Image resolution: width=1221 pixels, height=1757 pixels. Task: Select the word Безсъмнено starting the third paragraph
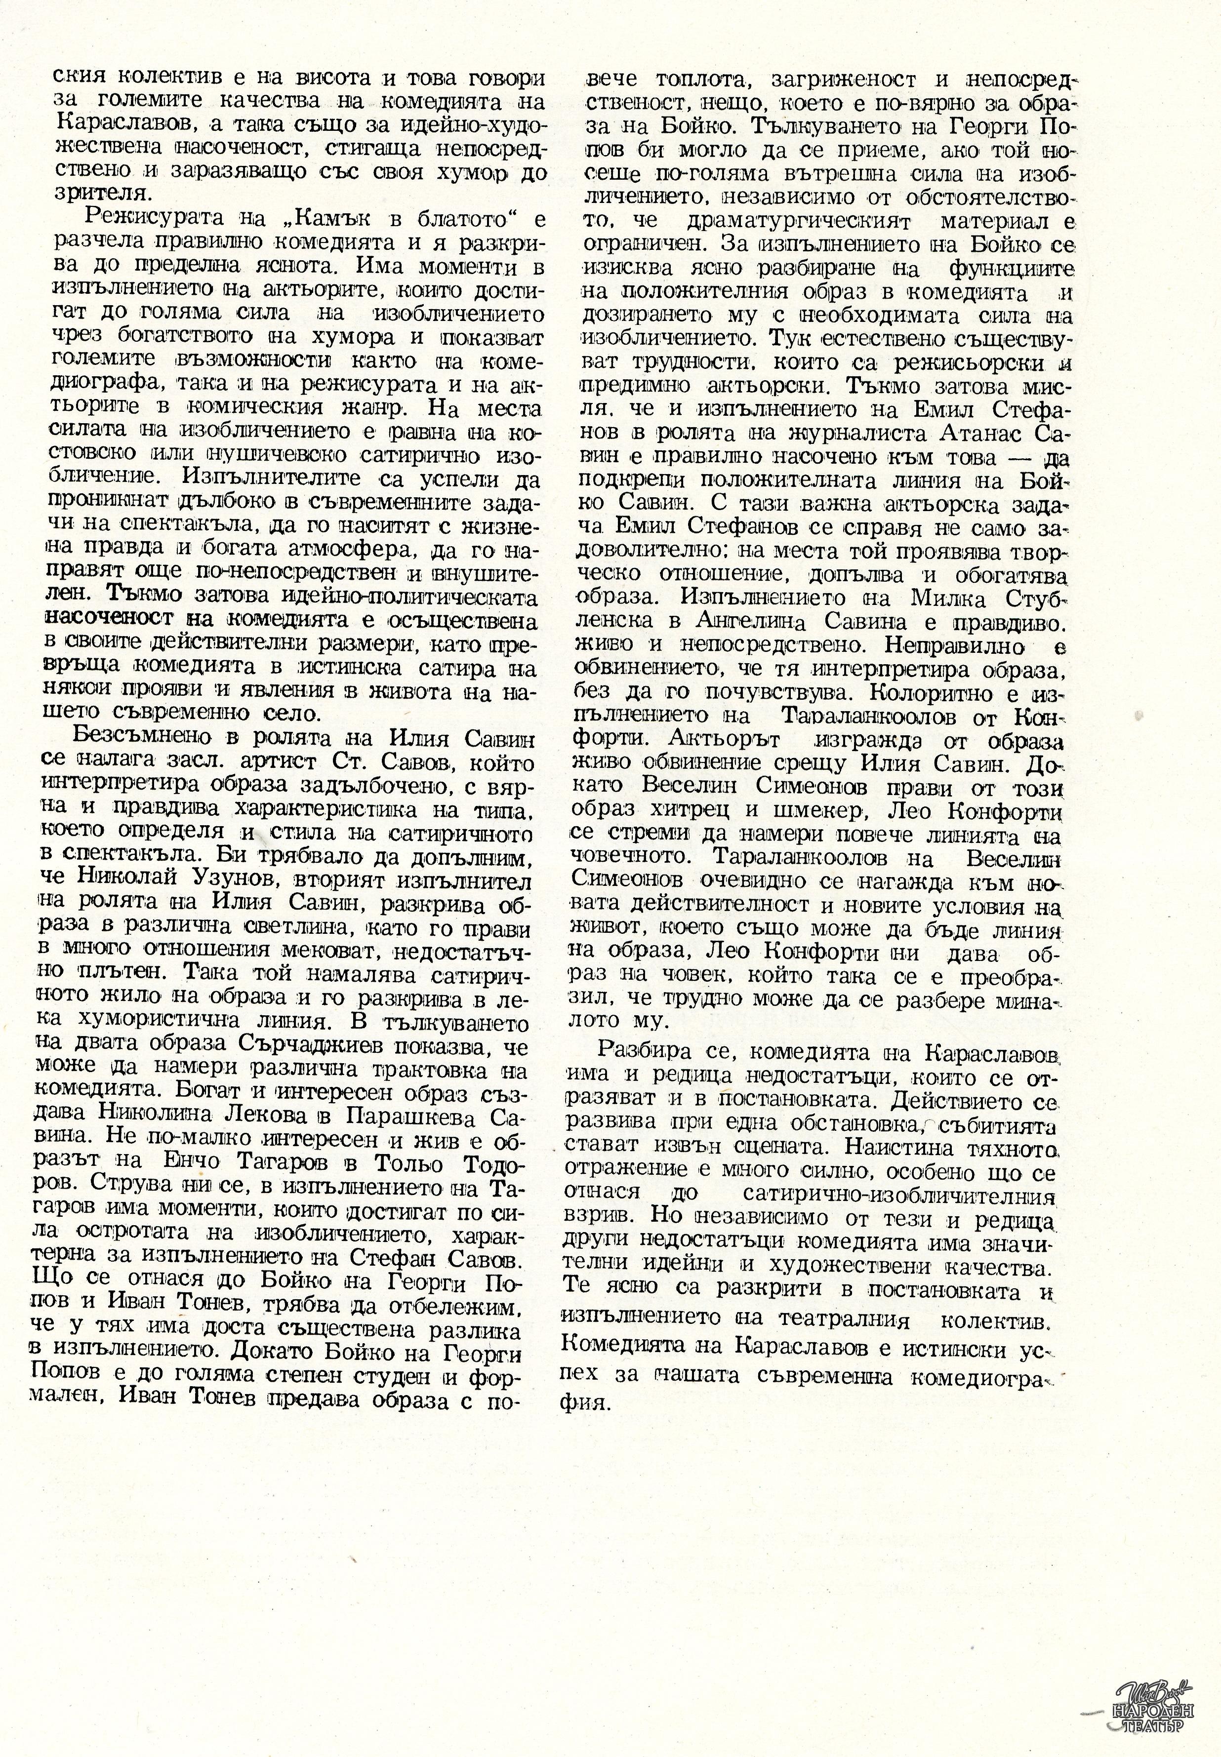135,738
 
